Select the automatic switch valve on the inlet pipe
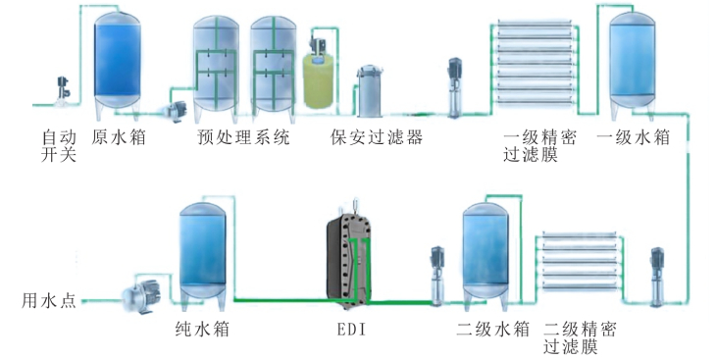(64, 87)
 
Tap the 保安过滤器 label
(377, 138)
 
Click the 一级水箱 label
(634, 138)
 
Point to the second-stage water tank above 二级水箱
(487, 252)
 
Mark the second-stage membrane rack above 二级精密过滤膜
(582, 267)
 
